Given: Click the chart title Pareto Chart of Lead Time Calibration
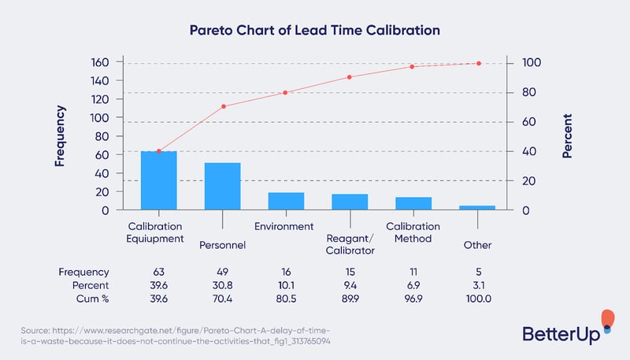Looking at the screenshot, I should click(x=314, y=30).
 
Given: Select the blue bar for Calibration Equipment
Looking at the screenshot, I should click(x=158, y=180).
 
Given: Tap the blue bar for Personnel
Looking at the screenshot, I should click(x=222, y=186).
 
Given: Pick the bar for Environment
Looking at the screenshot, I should click(x=286, y=201).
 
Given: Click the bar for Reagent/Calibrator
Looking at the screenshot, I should click(x=350, y=202).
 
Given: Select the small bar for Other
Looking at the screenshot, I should click(x=477, y=207).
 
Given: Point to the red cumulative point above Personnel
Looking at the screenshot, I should click(x=223, y=106).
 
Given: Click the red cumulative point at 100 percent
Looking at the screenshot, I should click(x=478, y=63).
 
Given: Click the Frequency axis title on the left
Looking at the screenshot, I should click(x=60, y=135).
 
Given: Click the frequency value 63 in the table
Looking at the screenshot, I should click(x=158, y=270).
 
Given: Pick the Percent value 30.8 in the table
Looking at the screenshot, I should click(x=222, y=284).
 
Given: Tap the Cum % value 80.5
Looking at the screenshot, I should click(x=286, y=299).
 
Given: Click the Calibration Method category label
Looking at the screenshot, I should click(x=413, y=232).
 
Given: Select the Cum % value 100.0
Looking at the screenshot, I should click(x=477, y=299).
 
